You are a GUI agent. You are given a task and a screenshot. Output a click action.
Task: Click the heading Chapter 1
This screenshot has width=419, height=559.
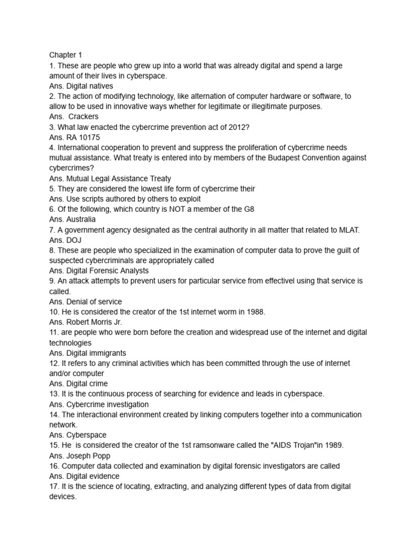pos(65,55)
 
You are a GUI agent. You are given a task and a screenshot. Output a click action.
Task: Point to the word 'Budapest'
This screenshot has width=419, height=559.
pos(293,158)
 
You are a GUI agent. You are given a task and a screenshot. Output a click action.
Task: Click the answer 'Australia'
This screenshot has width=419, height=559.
pos(81,219)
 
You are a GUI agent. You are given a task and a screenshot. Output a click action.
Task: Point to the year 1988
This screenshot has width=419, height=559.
pos(254,312)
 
